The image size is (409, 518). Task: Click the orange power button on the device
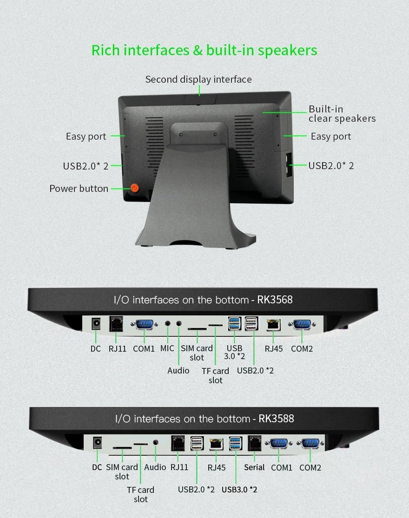point(134,188)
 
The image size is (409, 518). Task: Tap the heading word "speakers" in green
point(287,51)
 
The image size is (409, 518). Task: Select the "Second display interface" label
point(198,79)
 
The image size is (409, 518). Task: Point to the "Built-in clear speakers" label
point(342,114)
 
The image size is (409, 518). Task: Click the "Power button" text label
point(79,188)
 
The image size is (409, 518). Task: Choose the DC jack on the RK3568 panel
point(96,324)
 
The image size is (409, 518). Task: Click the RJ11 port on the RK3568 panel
point(116,324)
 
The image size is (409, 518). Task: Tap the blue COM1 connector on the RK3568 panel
point(144,324)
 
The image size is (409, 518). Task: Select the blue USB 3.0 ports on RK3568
point(234,324)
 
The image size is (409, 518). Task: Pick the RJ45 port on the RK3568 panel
point(273,325)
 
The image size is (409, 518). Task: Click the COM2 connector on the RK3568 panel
point(302,324)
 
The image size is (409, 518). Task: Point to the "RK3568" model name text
point(275,300)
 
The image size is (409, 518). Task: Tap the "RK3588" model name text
point(276,419)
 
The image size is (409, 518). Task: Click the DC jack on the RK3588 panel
point(97,443)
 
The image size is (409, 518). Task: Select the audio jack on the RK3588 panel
point(156,442)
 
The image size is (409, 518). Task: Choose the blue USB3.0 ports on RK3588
point(236,443)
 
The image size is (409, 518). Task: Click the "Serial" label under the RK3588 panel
point(254,467)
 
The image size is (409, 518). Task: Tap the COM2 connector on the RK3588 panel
point(310,443)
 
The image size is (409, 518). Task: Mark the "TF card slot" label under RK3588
point(141,494)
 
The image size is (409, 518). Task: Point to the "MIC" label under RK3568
point(167,348)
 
